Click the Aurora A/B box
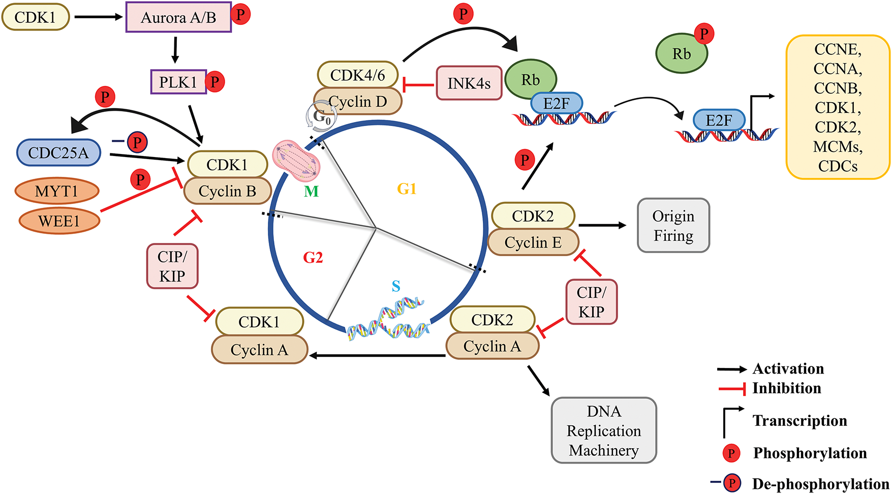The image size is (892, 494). point(178,18)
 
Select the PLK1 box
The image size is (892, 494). point(178,82)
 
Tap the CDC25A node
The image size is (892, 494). point(58,152)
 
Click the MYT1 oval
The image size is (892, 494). point(56,192)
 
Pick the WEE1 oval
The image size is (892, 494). point(59,221)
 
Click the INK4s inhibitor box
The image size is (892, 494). point(469,83)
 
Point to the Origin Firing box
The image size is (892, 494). point(673,226)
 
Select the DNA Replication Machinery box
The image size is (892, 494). point(604,430)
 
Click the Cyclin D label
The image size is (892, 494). point(358,102)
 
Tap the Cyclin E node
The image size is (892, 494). point(533,242)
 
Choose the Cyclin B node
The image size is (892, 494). point(227,191)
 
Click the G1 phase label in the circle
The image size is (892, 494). point(407,189)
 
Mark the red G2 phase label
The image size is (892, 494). point(313,258)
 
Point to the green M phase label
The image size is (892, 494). point(311,192)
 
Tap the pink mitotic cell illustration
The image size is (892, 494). point(296,161)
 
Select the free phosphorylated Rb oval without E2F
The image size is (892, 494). point(682,53)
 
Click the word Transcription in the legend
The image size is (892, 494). point(799,421)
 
